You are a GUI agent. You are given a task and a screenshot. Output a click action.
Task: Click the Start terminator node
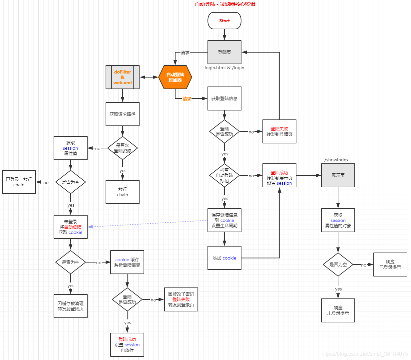[x=224, y=21]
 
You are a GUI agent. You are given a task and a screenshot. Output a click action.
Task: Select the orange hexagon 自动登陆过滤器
[x=175, y=77]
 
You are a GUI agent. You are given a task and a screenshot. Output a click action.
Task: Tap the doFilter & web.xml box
[x=123, y=77]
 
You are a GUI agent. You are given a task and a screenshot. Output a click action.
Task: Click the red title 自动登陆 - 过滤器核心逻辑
[x=225, y=4]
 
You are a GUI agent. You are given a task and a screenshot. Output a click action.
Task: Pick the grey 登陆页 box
[x=224, y=52]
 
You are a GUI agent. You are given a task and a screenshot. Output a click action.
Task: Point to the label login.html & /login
[x=224, y=68]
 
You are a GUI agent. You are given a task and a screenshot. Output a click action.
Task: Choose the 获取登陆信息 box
[x=224, y=98]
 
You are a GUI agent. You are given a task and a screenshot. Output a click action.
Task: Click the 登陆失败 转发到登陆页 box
[x=279, y=131]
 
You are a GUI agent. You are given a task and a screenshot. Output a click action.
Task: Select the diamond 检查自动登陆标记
[x=224, y=175]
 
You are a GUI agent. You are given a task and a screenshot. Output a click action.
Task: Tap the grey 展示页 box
[x=338, y=175]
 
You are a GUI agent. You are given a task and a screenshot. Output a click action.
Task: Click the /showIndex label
[x=336, y=160]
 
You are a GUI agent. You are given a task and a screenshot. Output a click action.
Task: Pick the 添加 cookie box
[x=224, y=258]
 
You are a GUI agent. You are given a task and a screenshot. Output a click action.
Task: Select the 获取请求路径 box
[x=123, y=114]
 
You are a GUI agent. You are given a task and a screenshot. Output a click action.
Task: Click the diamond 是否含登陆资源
[x=123, y=148]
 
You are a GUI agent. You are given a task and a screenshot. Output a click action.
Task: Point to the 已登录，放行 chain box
[x=19, y=182]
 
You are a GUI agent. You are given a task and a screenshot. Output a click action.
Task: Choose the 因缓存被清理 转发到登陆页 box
[x=71, y=306]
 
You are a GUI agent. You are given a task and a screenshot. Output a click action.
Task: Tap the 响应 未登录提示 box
[x=338, y=310]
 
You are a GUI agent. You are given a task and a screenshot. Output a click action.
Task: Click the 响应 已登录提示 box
[x=390, y=265]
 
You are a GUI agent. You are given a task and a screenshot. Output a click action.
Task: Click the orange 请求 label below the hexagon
[x=187, y=99]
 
